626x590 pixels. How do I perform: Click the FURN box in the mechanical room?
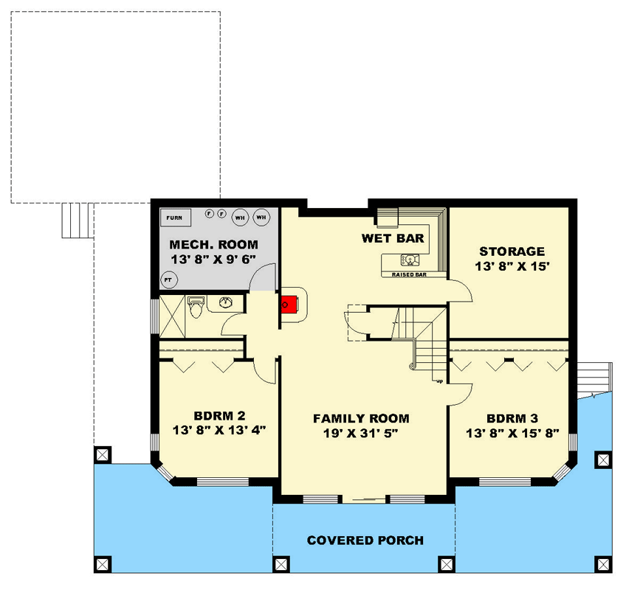click(x=176, y=218)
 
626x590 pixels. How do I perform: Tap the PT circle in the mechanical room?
click(x=168, y=280)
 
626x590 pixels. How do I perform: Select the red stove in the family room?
click(x=288, y=303)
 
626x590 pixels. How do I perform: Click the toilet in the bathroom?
click(x=196, y=306)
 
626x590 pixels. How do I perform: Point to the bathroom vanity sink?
click(x=224, y=302)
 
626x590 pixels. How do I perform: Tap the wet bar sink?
click(x=408, y=260)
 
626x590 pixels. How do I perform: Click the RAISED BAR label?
click(x=410, y=274)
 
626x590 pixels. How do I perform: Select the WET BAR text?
click(x=392, y=238)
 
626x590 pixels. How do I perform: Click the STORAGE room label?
click(x=512, y=251)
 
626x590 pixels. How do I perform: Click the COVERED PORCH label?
click(x=365, y=541)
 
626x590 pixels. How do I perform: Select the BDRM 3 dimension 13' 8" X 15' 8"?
click(x=512, y=433)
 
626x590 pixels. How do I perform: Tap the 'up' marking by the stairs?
click(x=439, y=381)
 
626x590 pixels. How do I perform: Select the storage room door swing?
click(x=461, y=291)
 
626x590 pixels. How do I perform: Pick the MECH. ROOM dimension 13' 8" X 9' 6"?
click(x=213, y=259)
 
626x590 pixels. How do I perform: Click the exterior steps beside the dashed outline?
click(x=75, y=220)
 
